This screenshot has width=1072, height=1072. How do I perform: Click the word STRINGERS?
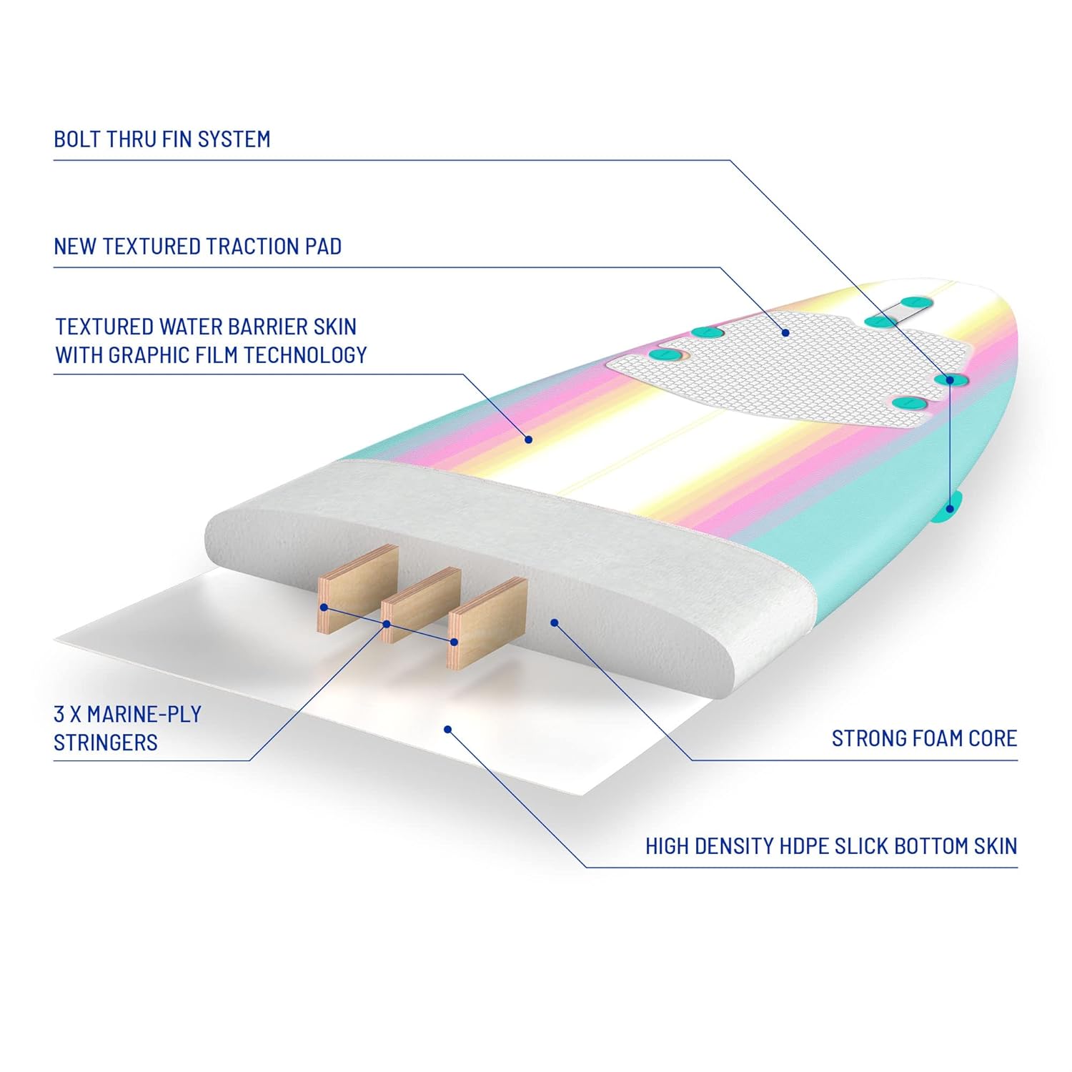[106, 743]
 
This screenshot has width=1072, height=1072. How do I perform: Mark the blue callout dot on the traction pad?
[785, 332]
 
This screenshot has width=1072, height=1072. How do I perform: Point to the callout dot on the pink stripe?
[529, 440]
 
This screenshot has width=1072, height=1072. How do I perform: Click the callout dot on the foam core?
[555, 623]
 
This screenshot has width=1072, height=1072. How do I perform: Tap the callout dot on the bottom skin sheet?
[447, 729]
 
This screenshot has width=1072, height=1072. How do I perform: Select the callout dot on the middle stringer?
[387, 624]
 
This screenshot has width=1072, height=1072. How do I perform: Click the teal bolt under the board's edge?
[951, 505]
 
